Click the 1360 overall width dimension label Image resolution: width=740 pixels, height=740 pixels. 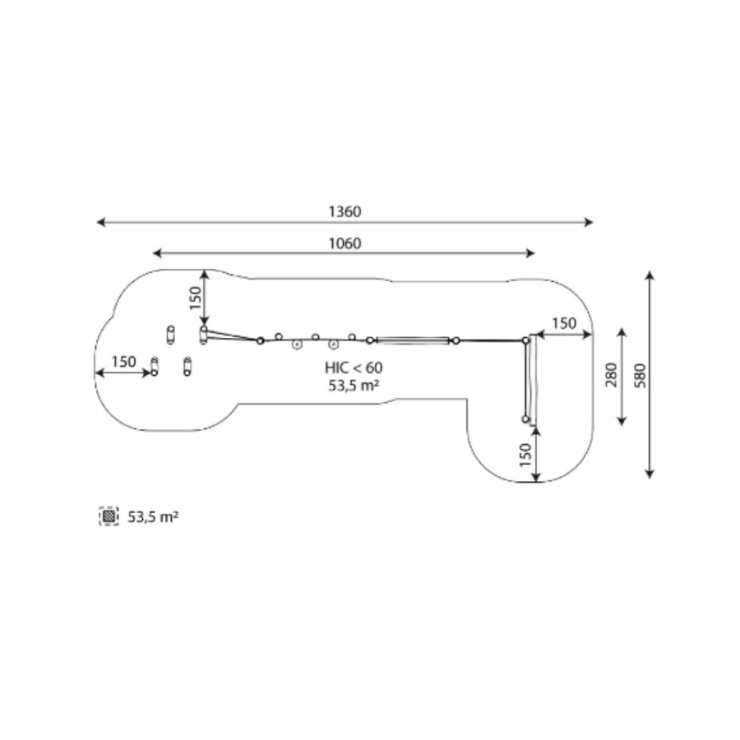click(345, 211)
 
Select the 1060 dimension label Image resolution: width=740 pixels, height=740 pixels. click(345, 243)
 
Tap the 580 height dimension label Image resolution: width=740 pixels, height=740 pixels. click(640, 376)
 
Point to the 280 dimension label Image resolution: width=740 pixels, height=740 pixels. click(611, 375)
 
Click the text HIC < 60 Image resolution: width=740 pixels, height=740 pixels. click(354, 368)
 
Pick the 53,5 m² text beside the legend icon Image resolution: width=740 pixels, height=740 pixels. click(153, 517)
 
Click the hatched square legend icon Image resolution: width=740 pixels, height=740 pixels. click(109, 516)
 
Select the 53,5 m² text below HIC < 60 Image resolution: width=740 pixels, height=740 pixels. click(354, 386)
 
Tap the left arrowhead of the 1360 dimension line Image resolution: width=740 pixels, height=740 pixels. click(100, 222)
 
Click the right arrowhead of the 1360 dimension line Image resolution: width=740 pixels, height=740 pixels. click(589, 222)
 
